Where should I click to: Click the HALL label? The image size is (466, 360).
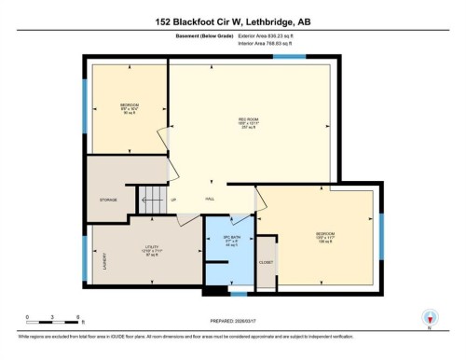click(211, 199)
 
